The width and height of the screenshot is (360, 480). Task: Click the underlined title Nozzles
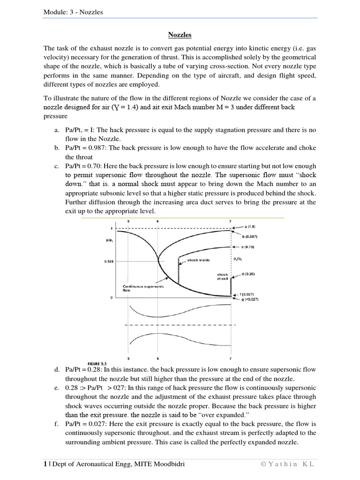click(180, 35)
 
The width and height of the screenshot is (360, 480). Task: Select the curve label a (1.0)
click(248, 226)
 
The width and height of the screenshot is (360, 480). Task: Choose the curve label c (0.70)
click(248, 247)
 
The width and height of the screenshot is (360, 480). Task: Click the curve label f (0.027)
click(247, 294)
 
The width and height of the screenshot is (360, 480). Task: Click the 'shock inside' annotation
click(198, 260)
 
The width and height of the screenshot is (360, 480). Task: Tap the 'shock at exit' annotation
click(222, 276)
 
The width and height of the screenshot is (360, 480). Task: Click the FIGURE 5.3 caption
click(97, 363)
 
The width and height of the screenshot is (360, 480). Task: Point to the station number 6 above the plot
click(157, 220)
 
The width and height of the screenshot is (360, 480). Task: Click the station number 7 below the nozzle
click(230, 358)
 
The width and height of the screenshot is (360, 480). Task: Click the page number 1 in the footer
click(45, 464)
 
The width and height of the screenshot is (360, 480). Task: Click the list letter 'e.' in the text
click(57, 388)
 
